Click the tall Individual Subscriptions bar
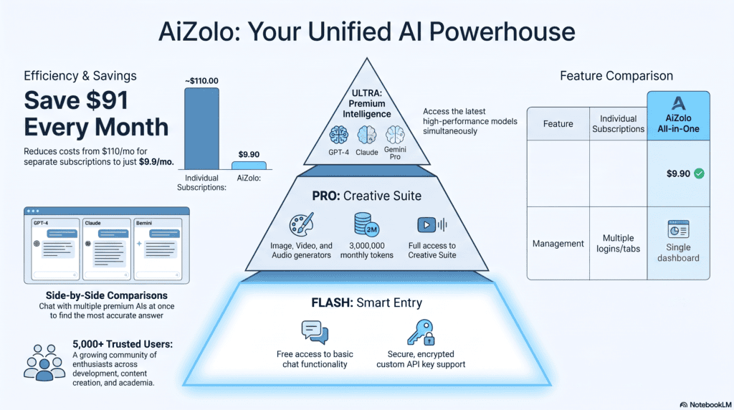tap(201, 129)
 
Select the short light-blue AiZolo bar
tap(249, 166)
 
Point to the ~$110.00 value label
tap(201, 81)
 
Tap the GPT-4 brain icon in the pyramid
tap(338, 135)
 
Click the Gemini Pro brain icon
tap(395, 135)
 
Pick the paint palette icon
tap(302, 224)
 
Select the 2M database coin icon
tap(366, 224)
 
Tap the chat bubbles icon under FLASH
tap(315, 333)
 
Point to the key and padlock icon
tap(421, 333)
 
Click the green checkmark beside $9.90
tap(699, 173)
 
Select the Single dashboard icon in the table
tap(678, 229)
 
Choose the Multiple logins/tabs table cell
tap(618, 244)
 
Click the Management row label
tap(558, 244)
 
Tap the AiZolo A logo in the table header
tap(678, 103)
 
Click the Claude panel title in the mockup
tap(92, 223)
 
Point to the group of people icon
tap(44, 363)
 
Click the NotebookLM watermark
tap(705, 405)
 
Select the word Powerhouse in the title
tap(502, 32)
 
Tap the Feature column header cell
tap(558, 123)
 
